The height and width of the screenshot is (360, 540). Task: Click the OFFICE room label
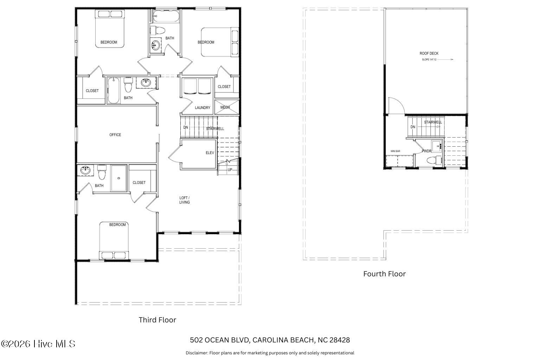tap(115, 135)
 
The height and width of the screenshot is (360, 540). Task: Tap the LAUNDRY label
tap(202, 108)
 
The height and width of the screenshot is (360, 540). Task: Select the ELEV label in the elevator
tap(210, 153)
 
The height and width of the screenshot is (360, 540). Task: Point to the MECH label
tap(225, 107)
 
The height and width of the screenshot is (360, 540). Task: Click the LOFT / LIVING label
tap(185, 200)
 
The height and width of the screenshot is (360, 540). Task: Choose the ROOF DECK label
tap(429, 53)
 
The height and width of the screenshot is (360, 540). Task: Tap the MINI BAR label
tap(396, 151)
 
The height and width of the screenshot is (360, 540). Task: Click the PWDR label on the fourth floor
tap(426, 151)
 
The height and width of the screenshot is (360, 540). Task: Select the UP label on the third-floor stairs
tap(230, 170)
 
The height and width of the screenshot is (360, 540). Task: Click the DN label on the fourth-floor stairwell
tap(413, 127)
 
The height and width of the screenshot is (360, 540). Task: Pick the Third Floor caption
tap(157, 320)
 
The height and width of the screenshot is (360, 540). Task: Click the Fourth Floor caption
tap(385, 274)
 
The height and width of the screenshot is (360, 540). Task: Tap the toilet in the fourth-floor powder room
tap(434, 160)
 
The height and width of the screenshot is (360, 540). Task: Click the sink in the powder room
tap(437, 146)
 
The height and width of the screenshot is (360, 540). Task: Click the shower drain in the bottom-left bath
tap(118, 178)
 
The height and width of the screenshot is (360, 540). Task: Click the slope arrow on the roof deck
tap(445, 59)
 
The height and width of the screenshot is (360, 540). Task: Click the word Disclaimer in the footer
tap(197, 353)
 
